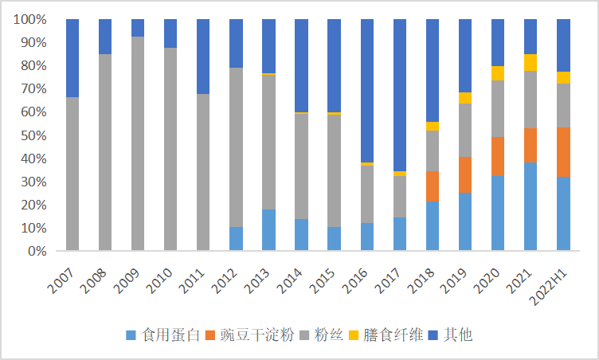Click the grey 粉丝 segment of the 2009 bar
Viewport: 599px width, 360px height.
(x=138, y=143)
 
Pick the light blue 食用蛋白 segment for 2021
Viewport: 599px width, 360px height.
(x=530, y=206)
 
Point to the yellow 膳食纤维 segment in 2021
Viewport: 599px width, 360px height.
(x=530, y=62)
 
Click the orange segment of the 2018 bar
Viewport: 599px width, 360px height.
(x=432, y=186)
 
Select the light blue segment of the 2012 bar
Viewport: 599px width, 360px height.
(x=236, y=239)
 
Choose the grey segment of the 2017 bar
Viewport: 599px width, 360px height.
(x=399, y=197)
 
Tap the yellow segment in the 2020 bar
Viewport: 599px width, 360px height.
(x=498, y=73)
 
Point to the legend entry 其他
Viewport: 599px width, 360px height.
(x=458, y=335)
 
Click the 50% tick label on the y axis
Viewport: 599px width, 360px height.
(x=33, y=135)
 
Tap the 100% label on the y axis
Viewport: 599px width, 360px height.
(x=29, y=19)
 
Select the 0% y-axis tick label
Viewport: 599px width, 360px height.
(x=36, y=252)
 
